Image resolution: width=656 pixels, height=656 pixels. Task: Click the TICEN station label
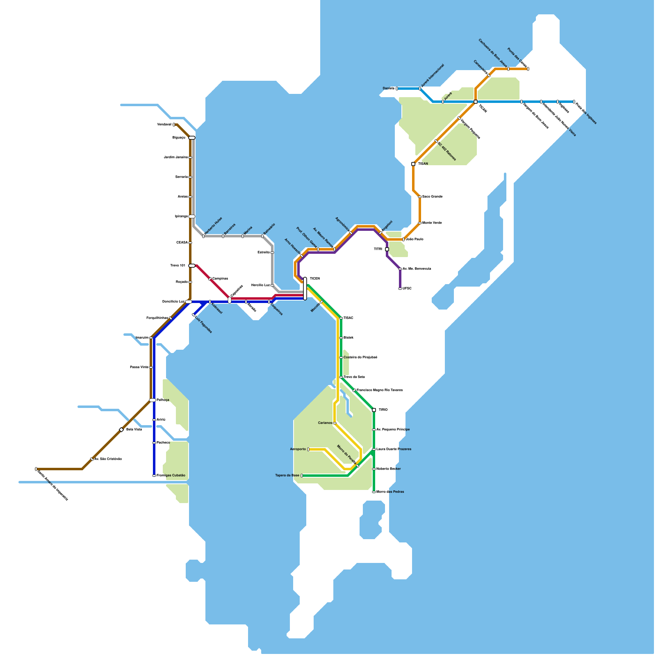click(x=314, y=279)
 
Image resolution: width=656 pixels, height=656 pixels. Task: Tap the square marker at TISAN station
click(x=413, y=164)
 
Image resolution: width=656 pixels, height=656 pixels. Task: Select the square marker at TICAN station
click(x=476, y=102)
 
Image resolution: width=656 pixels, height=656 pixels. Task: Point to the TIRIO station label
click(x=383, y=410)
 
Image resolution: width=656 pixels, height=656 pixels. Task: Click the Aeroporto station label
click(x=298, y=449)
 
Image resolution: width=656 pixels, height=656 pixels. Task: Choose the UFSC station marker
click(x=400, y=289)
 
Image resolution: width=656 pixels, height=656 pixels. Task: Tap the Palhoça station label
click(x=163, y=400)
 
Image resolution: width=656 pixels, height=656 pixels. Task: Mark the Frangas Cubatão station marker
click(x=154, y=476)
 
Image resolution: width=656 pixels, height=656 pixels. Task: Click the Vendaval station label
click(x=164, y=125)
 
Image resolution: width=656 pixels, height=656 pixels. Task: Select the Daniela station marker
click(x=397, y=89)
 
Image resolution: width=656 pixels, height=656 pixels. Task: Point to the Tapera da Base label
click(x=287, y=476)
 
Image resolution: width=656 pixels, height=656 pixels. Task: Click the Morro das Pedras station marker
click(x=374, y=492)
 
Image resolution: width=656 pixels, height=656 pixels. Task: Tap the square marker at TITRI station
click(x=387, y=249)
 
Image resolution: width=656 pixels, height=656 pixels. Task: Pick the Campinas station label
click(x=220, y=279)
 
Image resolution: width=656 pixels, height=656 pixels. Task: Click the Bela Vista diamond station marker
click(x=121, y=430)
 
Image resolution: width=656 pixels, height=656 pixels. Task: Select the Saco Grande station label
click(x=432, y=197)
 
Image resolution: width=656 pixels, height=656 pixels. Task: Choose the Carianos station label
click(x=325, y=423)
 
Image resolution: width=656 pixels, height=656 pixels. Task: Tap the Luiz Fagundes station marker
click(x=194, y=315)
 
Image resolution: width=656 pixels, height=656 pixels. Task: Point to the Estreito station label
click(x=263, y=253)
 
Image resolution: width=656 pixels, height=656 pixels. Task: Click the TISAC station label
click(x=348, y=318)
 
